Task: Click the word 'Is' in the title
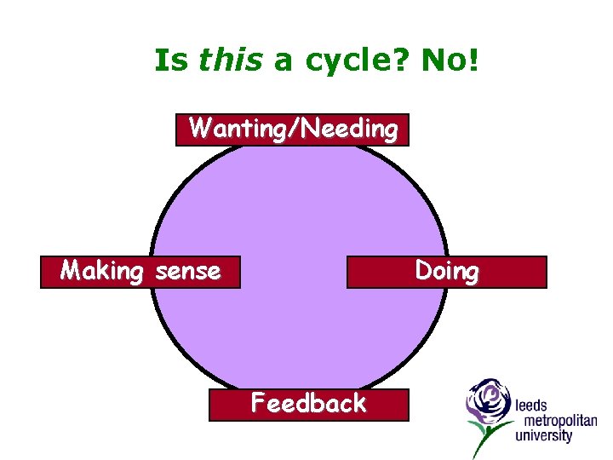[x=170, y=60]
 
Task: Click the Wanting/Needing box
[x=292, y=129]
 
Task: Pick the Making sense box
[x=140, y=272]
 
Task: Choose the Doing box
[x=446, y=272]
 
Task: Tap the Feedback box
[x=308, y=404]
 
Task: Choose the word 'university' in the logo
[x=543, y=436]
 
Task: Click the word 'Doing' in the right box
[x=446, y=272]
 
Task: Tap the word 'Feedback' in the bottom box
[x=308, y=404]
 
